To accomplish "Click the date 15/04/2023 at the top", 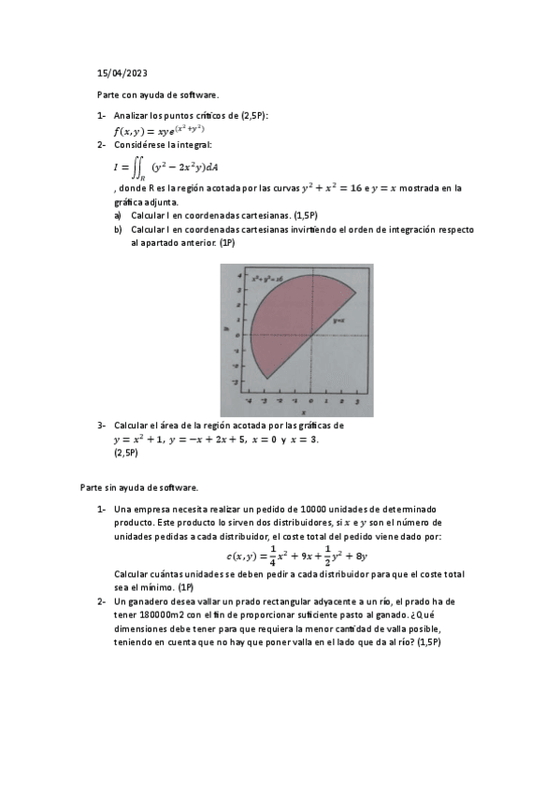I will click(x=122, y=72).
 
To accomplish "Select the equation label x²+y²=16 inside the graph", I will click(x=267, y=279).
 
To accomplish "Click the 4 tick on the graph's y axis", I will click(x=239, y=276).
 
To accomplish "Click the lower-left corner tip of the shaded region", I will click(x=267, y=378).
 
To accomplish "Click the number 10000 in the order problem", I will click(x=305, y=509).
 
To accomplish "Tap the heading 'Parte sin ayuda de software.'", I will click(x=138, y=487).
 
